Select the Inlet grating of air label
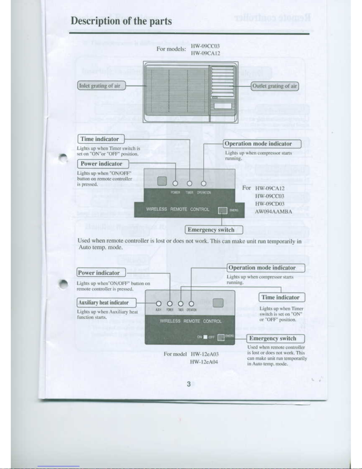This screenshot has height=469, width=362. (x=101, y=86)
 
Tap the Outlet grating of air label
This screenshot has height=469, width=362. (x=275, y=86)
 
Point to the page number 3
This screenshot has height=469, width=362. (x=189, y=384)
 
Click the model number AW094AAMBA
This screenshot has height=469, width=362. (x=273, y=212)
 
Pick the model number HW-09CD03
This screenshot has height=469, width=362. (x=270, y=204)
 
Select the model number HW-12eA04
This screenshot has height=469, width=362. (x=204, y=362)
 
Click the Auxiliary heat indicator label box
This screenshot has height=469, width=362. (x=106, y=303)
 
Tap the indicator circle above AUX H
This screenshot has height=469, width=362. (x=159, y=304)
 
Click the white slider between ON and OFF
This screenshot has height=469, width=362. (x=205, y=337)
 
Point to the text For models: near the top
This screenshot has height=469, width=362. (x=171, y=49)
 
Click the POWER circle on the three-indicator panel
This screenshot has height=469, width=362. (x=175, y=183)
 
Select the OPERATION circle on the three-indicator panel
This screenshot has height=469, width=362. (x=204, y=183)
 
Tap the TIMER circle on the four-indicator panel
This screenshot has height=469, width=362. (x=181, y=304)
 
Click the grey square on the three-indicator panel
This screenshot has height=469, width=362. (x=162, y=181)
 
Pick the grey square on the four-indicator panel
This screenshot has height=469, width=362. (x=218, y=303)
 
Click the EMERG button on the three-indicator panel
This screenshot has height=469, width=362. (x=223, y=211)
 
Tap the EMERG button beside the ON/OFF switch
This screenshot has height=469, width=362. (x=221, y=337)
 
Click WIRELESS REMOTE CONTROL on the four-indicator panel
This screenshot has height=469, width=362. (x=191, y=321)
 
